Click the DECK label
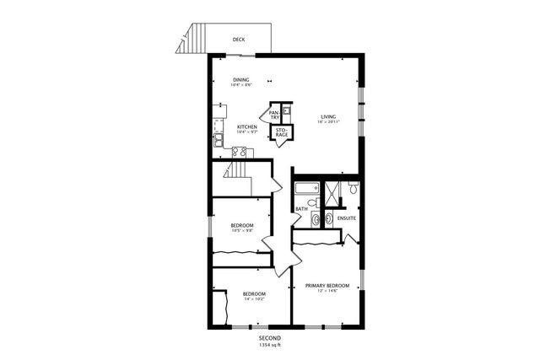coord(239,38)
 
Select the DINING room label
coord(241,80)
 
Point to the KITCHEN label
coord(247,127)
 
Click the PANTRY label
coord(274,115)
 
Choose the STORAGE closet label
coord(281,132)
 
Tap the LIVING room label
coord(328,116)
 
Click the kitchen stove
coord(240,152)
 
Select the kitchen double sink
coord(217,140)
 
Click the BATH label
coord(301,209)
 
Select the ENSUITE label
coord(347,219)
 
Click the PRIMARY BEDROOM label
coord(327,286)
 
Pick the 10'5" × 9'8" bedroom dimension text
coord(242,231)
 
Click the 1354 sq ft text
coord(270,345)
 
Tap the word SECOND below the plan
coord(270,338)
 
